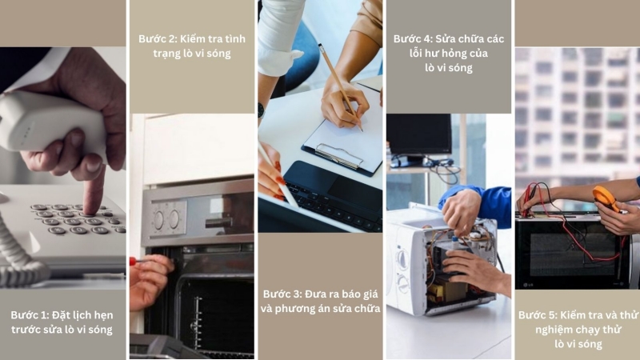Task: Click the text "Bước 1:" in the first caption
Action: pos(31,314)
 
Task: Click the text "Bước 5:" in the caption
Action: pos(540,314)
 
